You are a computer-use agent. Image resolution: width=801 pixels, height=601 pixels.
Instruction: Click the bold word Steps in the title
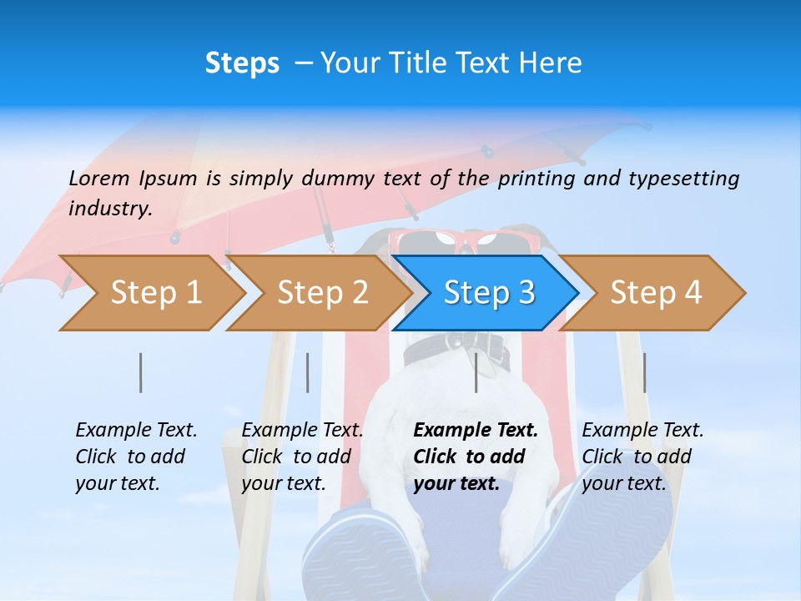(x=242, y=63)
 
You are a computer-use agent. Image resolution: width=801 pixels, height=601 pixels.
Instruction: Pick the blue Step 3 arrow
(x=488, y=293)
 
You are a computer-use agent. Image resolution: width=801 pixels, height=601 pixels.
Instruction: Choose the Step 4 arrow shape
(x=655, y=293)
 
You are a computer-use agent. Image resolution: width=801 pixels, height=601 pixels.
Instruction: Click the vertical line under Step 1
(x=141, y=372)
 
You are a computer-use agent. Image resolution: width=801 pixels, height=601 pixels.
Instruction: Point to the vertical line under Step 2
(x=308, y=372)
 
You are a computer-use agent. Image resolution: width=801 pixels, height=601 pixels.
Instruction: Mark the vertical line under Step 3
(x=476, y=372)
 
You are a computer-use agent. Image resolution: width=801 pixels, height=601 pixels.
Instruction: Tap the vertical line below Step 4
(x=644, y=372)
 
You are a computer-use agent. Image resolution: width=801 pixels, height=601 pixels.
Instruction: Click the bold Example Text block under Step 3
(x=476, y=457)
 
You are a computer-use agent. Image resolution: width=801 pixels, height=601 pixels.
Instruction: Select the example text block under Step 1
(x=136, y=457)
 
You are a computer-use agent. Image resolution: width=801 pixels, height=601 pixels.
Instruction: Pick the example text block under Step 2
(x=302, y=457)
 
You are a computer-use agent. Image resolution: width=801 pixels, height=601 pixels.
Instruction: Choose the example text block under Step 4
(x=642, y=457)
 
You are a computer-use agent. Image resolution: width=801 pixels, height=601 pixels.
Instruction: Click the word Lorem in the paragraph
(x=99, y=178)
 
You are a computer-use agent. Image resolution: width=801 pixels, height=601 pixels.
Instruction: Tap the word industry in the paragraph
(x=110, y=208)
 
